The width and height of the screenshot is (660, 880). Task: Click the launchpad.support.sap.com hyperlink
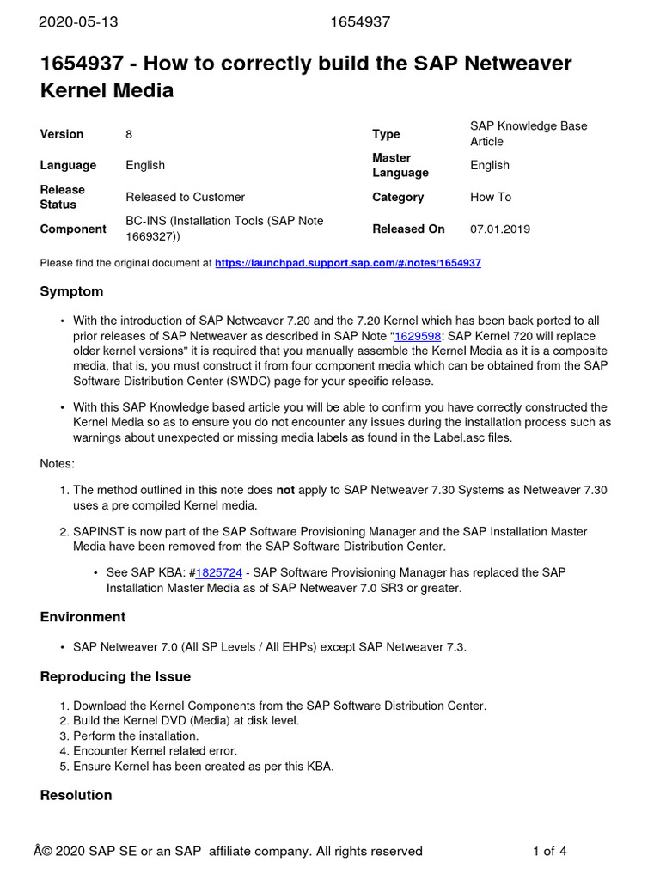tap(347, 263)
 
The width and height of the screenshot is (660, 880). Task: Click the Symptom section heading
tap(71, 291)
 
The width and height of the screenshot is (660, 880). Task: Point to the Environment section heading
tap(82, 617)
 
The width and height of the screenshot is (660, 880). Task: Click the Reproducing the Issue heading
tap(115, 676)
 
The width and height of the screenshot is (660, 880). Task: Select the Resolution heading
tap(76, 795)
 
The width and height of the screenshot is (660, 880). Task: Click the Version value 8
tap(129, 134)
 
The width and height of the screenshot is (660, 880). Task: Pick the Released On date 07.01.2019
tap(500, 229)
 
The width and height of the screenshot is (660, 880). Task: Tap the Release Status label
tap(62, 197)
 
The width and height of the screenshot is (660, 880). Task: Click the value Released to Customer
tap(185, 197)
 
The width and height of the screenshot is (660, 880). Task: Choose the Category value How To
tap(491, 197)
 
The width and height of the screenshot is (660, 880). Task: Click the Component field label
tap(73, 229)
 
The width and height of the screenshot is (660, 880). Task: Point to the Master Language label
tap(400, 165)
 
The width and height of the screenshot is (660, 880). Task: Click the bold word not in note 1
tap(284, 490)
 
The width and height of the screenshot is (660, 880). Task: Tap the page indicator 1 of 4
tap(549, 852)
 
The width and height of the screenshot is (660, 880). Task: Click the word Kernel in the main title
tap(76, 89)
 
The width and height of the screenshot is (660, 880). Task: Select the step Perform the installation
tap(136, 736)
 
